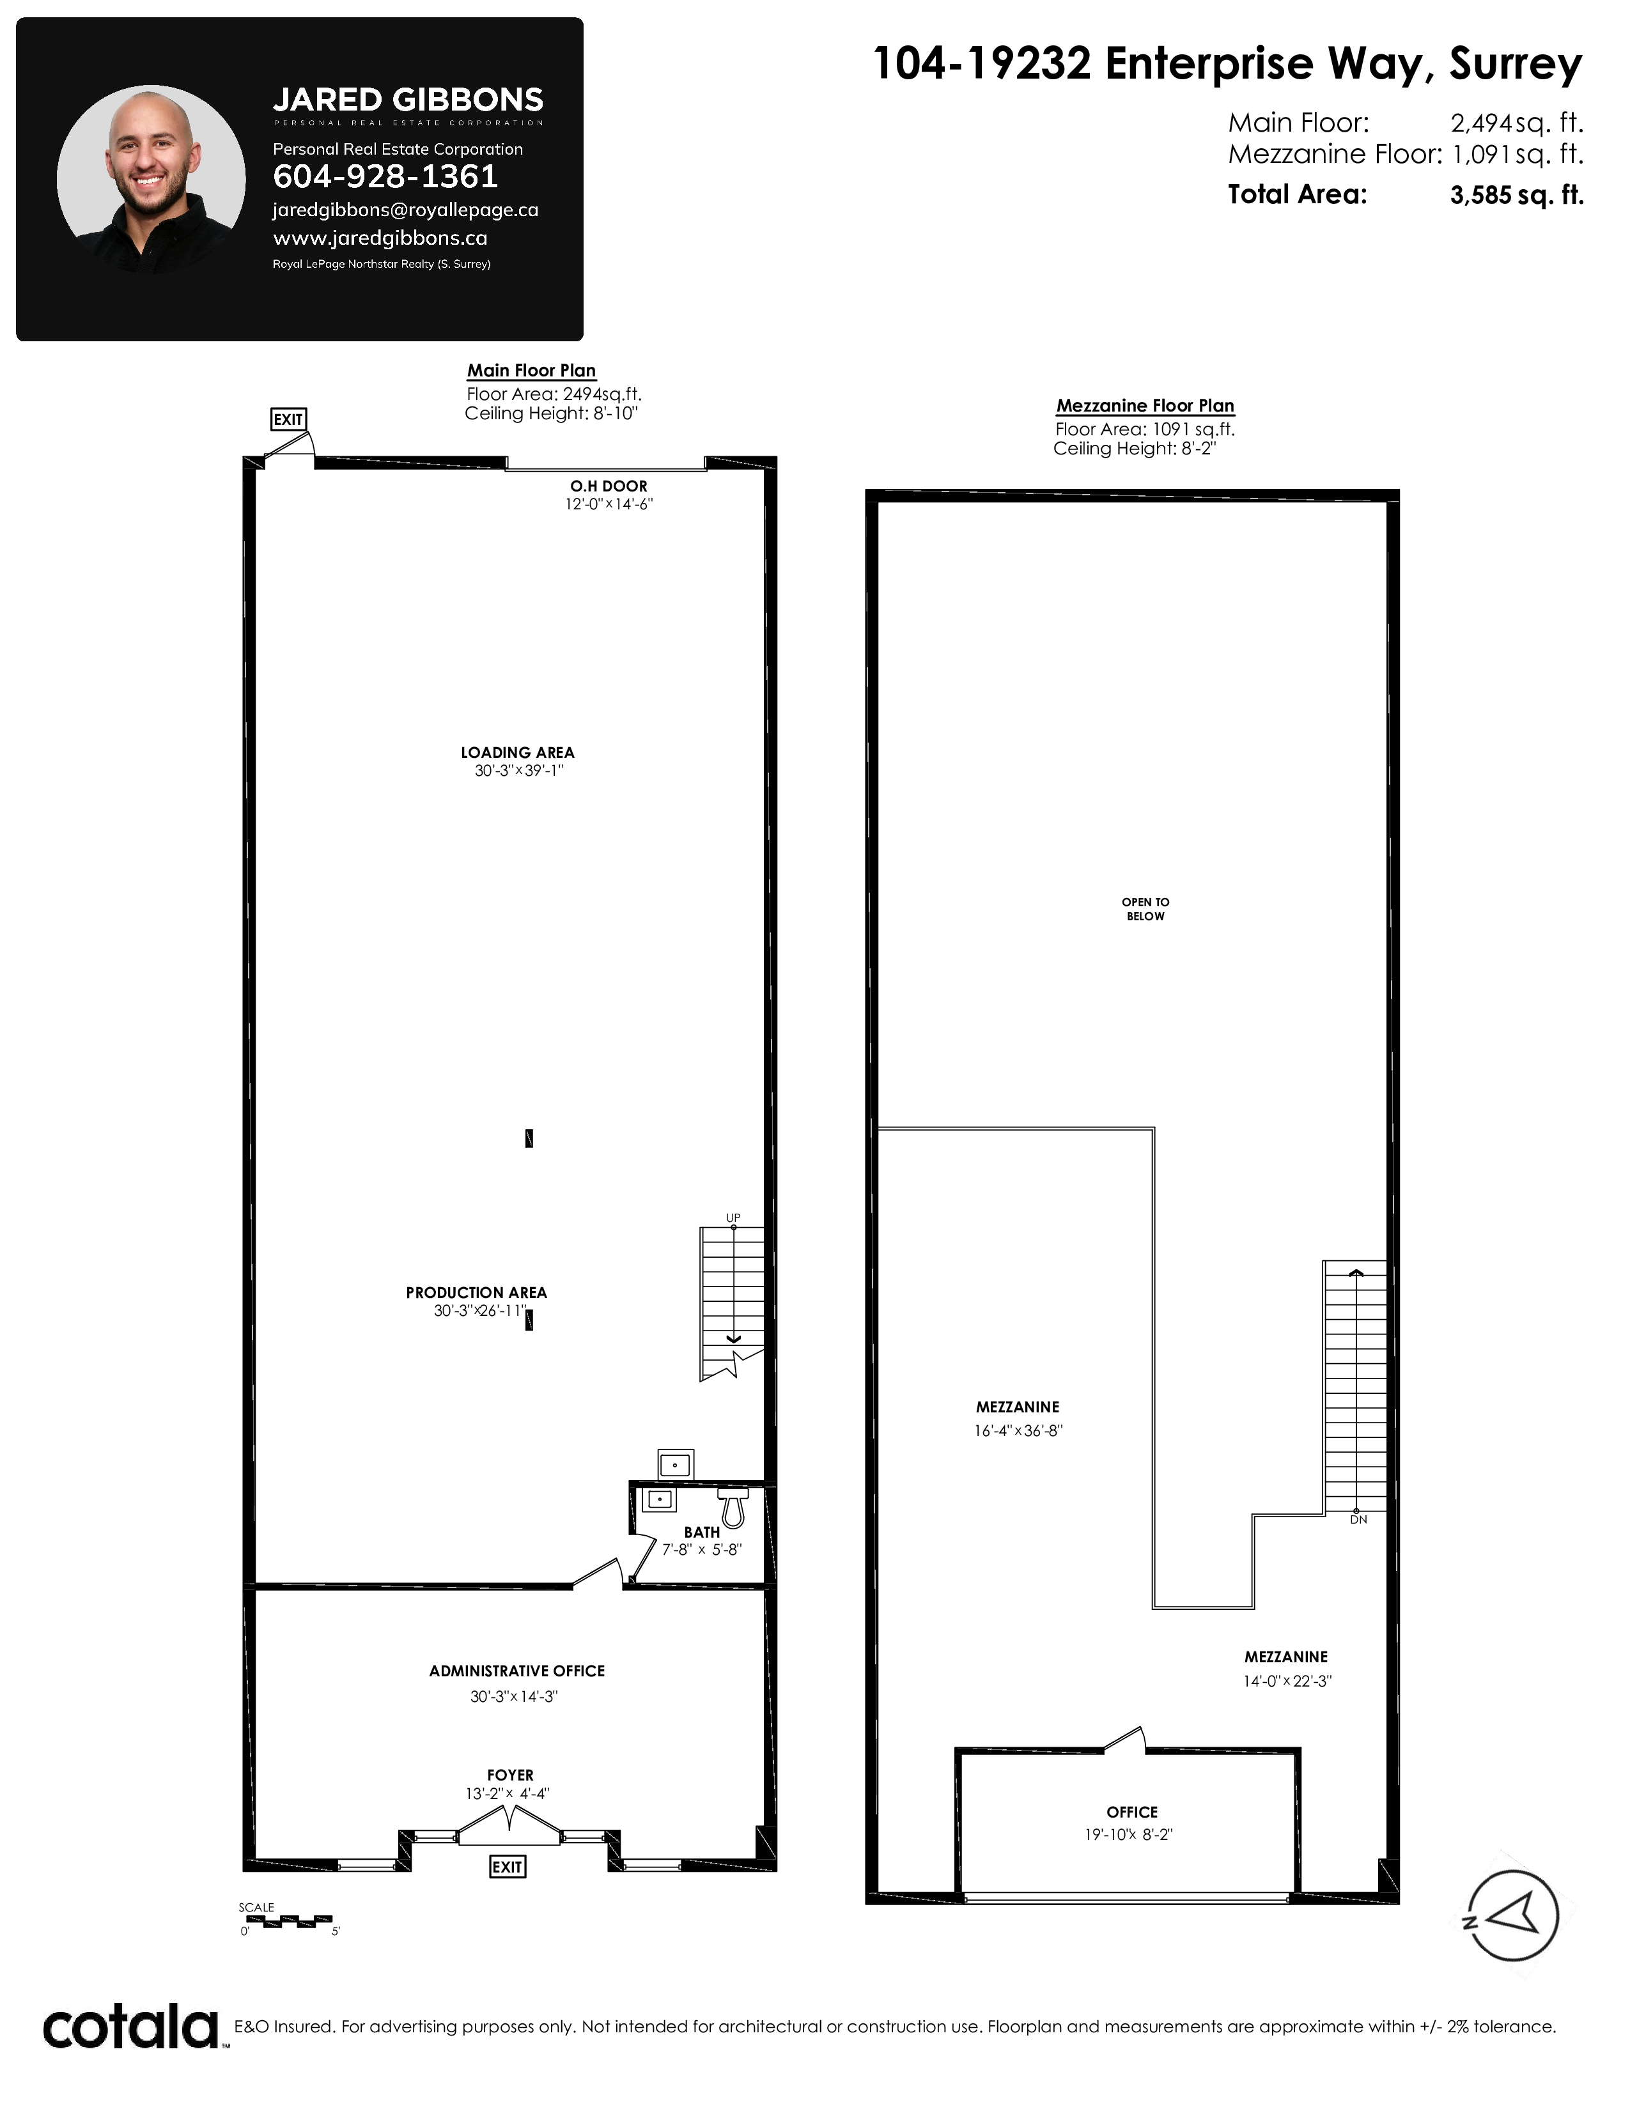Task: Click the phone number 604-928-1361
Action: tap(385, 177)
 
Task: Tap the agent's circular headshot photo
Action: tap(151, 179)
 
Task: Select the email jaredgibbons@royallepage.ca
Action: tap(405, 210)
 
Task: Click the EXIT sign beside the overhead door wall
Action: tap(288, 419)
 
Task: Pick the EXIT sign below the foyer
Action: tap(507, 1867)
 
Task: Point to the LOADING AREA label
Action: tap(518, 752)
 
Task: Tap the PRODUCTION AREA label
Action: tap(476, 1292)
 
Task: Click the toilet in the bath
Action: tap(733, 1508)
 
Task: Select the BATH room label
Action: tap(702, 1531)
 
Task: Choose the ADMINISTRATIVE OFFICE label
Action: tap(516, 1671)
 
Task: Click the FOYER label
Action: tap(510, 1775)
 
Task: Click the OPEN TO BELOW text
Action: tap(1145, 909)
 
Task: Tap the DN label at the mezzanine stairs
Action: tap(1358, 1519)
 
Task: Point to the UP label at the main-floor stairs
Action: tap(733, 1217)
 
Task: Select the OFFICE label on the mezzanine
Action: tap(1131, 1812)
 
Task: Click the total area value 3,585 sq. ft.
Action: tap(1516, 195)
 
